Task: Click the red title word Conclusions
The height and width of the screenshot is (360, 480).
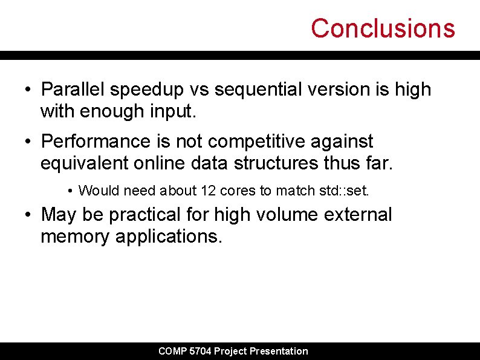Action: pos(383,28)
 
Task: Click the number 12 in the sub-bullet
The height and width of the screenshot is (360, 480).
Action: pos(208,191)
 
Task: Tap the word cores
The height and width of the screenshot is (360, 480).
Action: pos(238,191)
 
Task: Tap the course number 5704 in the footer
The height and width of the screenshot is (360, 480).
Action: pos(200,351)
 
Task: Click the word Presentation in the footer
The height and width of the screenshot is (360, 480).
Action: pos(278,351)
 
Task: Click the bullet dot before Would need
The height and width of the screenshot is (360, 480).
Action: pos(71,191)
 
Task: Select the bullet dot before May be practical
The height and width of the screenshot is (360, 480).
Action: pos(28,215)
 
